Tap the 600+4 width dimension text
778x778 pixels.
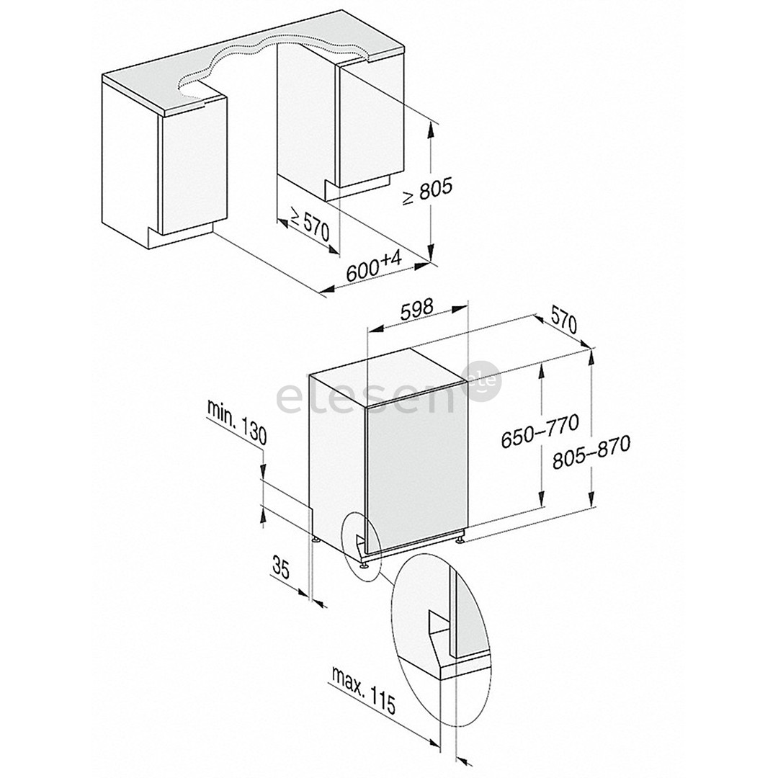[374, 267]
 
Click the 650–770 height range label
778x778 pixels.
[540, 431]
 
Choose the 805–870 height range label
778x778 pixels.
[591, 452]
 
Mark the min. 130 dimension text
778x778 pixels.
[237, 422]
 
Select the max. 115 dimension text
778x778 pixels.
[364, 690]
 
